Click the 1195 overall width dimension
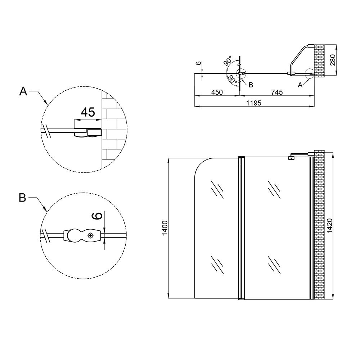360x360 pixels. point(254,103)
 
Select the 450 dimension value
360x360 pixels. point(217,92)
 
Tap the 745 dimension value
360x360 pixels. point(277,92)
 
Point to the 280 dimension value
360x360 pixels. point(333,60)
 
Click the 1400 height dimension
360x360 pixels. point(165,228)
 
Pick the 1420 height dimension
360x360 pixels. point(330,226)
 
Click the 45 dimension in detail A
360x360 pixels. point(88,112)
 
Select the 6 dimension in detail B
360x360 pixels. point(98,216)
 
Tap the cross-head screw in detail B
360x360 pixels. point(91,235)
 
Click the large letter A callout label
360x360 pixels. point(23,91)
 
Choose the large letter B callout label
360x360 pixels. point(22,198)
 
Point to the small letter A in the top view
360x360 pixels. point(300,85)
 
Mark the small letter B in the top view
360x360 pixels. point(251,85)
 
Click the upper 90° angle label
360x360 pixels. point(228,61)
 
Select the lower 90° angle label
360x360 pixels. point(232,79)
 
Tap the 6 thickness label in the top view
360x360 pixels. point(199,63)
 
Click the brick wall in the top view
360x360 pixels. point(319,61)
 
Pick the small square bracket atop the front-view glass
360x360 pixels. point(292,158)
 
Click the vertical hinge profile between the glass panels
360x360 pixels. point(242,228)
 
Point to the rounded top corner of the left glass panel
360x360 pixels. point(200,163)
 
